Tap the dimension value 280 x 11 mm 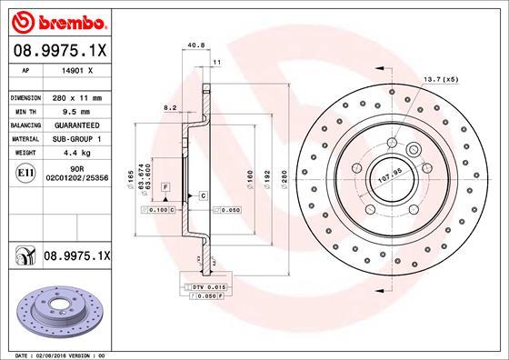click(x=80, y=97)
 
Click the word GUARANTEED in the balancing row click(x=83, y=125)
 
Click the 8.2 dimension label click(x=169, y=107)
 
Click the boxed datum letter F click(x=165, y=185)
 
